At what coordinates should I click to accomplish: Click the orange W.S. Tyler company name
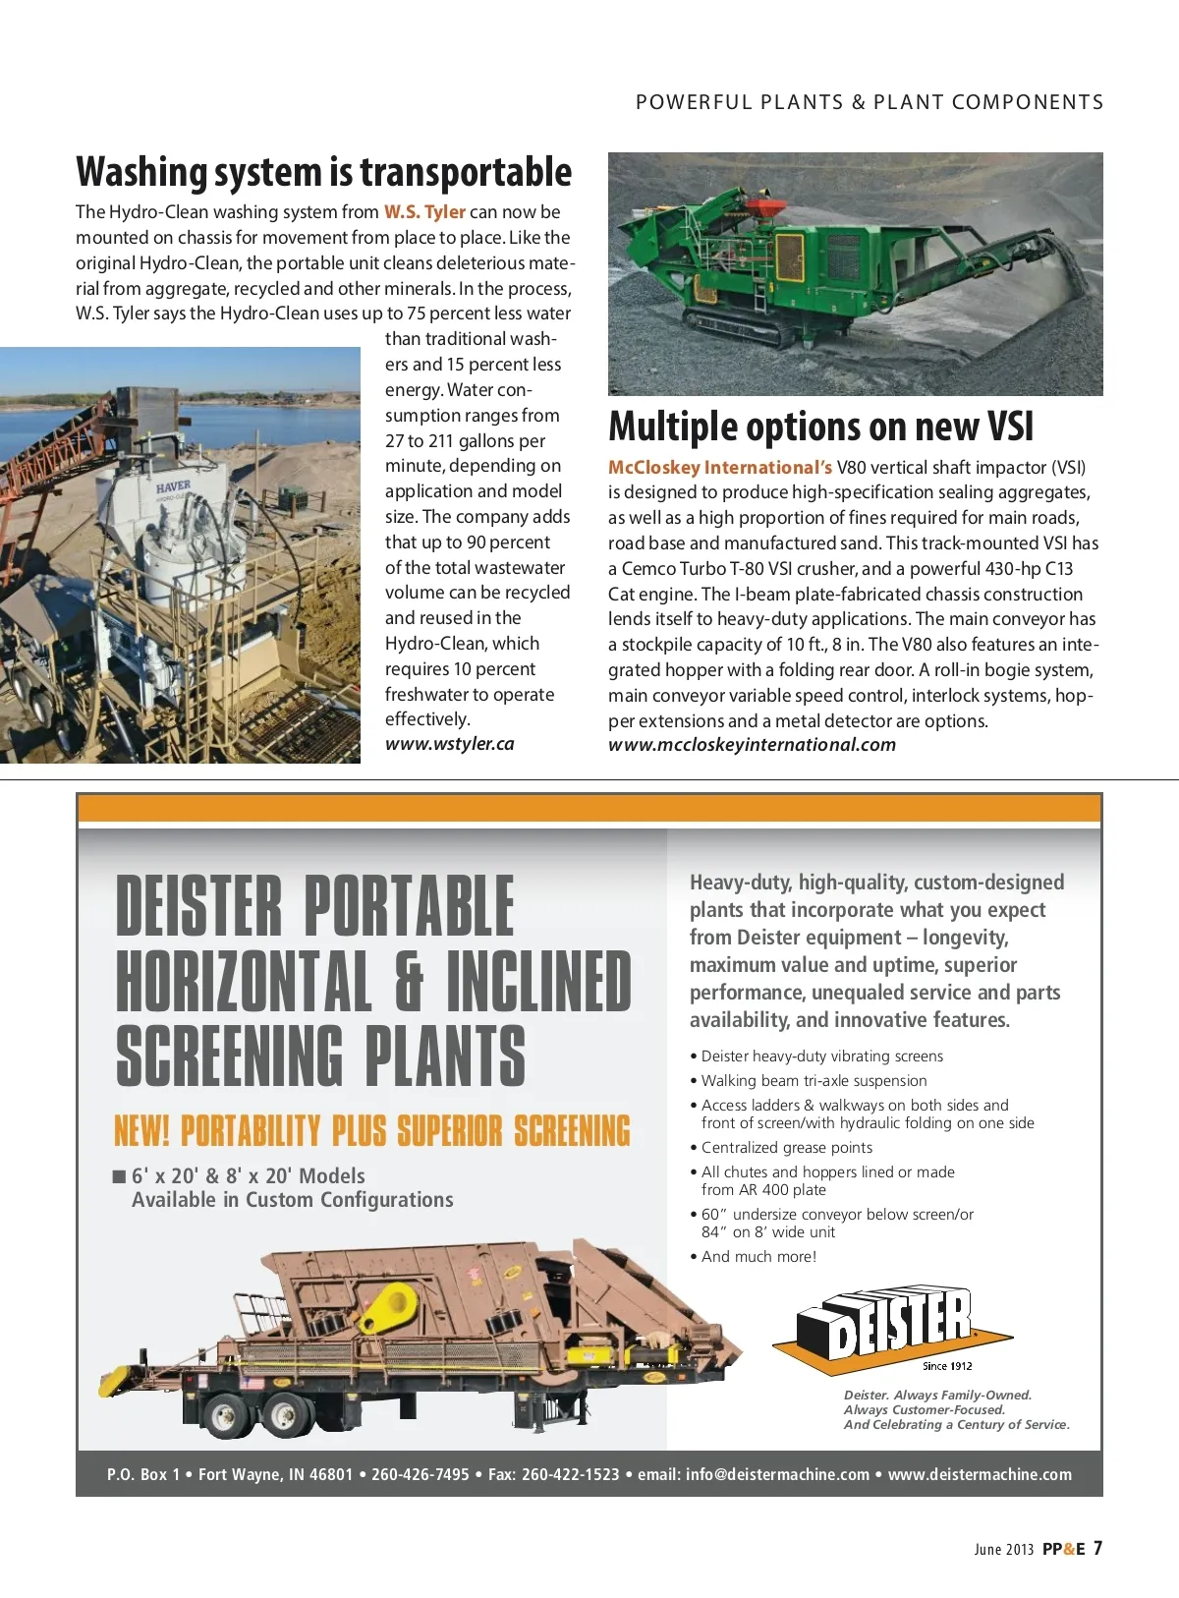pos(424,212)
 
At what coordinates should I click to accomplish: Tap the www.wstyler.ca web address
pos(449,744)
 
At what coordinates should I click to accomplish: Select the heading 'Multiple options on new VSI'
pos(820,428)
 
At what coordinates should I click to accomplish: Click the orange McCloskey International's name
pos(719,468)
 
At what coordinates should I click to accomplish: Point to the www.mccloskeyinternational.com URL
pos(752,745)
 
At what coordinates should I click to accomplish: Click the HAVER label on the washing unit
pos(173,486)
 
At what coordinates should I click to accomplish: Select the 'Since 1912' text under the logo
pos(947,1366)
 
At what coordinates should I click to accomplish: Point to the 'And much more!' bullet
pos(758,1257)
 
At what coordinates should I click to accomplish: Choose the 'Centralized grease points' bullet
pos(786,1148)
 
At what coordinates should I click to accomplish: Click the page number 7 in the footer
pos(1097,1549)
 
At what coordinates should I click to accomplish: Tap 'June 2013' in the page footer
pos(1003,1550)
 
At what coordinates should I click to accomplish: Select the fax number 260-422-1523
pos(570,1474)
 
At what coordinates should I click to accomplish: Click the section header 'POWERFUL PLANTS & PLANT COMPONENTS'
pos(870,102)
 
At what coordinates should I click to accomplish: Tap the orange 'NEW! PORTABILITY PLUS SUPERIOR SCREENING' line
pos(372,1131)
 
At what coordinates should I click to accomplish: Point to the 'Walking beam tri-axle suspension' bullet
pos(814,1081)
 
